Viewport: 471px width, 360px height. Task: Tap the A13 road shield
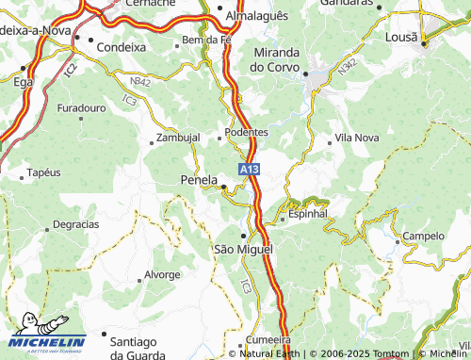pos(248,169)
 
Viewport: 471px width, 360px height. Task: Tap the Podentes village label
pos(249,133)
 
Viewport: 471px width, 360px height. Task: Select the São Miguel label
pos(243,249)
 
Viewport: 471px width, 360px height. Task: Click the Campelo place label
pos(423,236)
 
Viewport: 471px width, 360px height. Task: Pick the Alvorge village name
pos(161,274)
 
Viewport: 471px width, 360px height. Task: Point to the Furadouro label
pos(81,109)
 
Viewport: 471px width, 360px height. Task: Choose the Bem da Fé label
pos(206,41)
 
